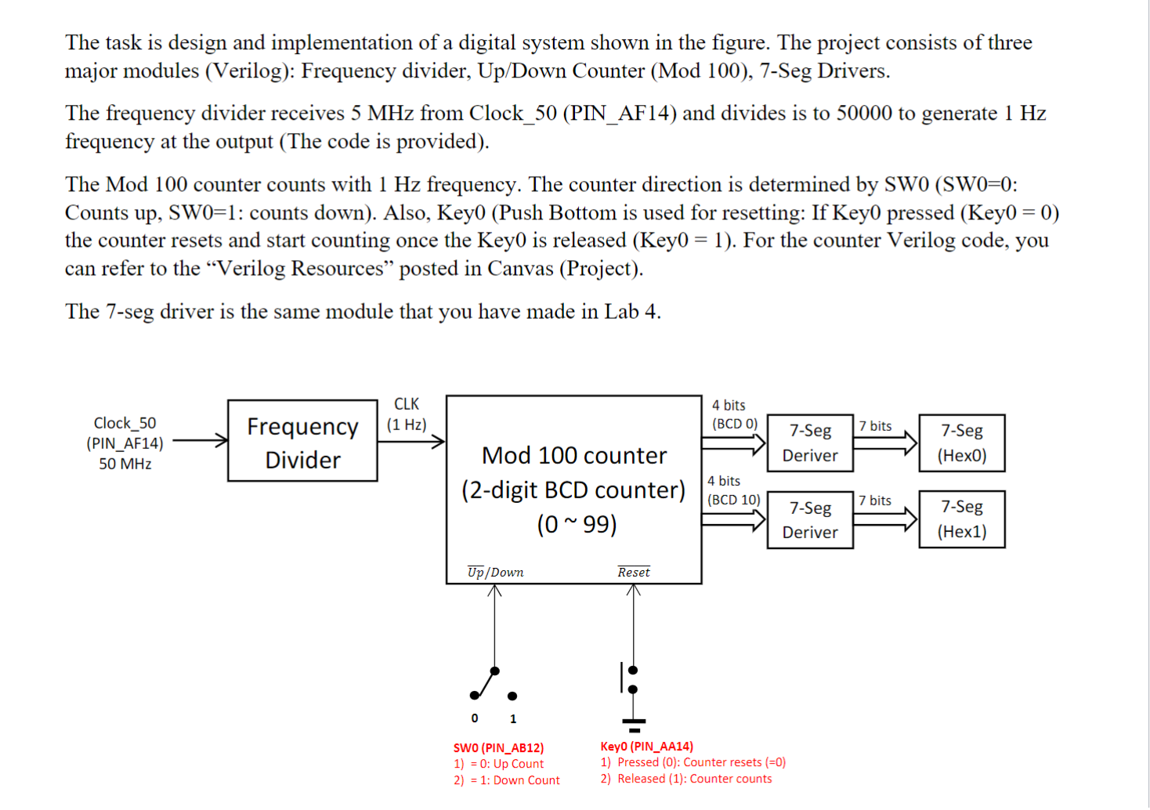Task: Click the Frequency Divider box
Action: pos(302,441)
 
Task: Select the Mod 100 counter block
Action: pos(573,489)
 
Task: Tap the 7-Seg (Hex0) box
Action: pos(961,443)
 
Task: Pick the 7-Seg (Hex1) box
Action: pos(961,519)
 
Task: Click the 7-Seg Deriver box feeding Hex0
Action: pos(809,443)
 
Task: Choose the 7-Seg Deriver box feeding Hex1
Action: pos(809,519)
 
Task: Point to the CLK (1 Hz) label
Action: pos(406,414)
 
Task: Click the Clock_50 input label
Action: pos(125,423)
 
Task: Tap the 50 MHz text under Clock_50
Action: pos(125,464)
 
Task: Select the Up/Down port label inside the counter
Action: pos(495,572)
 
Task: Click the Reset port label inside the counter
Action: pos(633,572)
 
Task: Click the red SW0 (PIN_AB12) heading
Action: pos(498,748)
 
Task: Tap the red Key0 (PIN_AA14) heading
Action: pos(646,747)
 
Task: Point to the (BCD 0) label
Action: pos(734,424)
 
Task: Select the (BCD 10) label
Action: pos(733,500)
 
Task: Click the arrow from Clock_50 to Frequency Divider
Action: pos(200,441)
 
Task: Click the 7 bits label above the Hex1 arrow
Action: pos(874,501)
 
